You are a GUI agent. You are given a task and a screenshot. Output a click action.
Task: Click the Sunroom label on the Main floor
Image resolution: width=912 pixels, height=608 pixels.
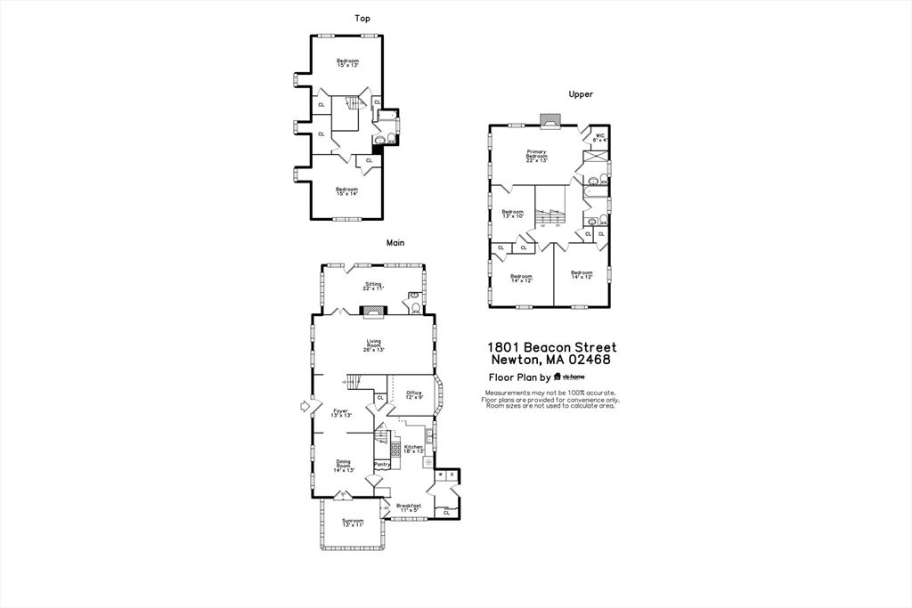coord(353,523)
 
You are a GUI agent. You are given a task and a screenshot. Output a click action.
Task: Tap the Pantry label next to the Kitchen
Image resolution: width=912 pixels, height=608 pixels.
coord(381,464)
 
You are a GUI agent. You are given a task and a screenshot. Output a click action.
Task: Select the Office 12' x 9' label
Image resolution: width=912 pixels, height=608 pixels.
coord(414,394)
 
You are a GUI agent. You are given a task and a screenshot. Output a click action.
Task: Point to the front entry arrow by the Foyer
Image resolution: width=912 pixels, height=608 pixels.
coord(306,407)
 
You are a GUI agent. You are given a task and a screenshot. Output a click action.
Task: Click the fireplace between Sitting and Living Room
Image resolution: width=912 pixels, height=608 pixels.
coord(373,310)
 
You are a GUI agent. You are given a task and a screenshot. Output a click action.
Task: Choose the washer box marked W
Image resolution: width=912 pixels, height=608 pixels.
coord(441,474)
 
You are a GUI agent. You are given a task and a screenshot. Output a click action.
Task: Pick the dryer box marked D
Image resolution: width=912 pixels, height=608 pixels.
coord(452,474)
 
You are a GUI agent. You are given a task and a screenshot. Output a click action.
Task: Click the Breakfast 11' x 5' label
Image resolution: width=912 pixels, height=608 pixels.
coord(409,507)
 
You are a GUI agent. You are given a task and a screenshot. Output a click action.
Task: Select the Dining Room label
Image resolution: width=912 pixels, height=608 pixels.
coord(344,466)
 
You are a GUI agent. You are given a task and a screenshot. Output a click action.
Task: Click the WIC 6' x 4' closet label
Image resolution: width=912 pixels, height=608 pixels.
coord(600,138)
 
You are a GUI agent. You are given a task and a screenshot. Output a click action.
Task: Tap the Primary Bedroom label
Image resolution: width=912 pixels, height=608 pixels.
coord(536,156)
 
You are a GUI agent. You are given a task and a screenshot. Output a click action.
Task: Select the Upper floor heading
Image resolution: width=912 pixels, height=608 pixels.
coord(581,94)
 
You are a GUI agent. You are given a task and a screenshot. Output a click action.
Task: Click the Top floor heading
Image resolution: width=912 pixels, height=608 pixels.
coord(362,18)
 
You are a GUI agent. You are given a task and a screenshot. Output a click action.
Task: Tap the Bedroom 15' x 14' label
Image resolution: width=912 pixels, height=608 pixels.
coord(346,191)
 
